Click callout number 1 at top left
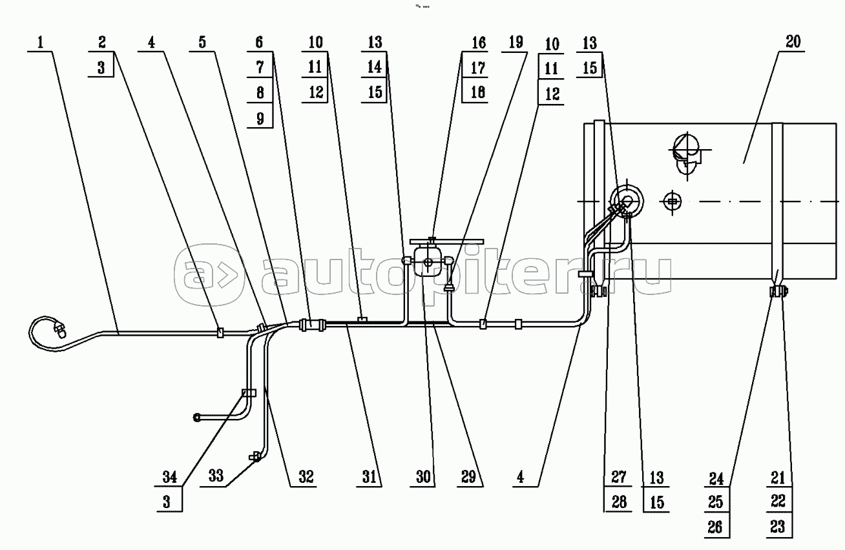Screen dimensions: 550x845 point(41,43)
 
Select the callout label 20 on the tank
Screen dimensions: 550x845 point(793,43)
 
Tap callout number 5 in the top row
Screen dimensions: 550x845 point(202,43)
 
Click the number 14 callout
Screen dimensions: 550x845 point(375,67)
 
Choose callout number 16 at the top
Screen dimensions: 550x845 point(477,43)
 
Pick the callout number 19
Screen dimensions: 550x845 point(516,43)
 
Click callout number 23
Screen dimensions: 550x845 point(777,527)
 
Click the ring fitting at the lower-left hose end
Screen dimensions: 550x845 point(198,418)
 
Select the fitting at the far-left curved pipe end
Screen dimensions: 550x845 point(60,331)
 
